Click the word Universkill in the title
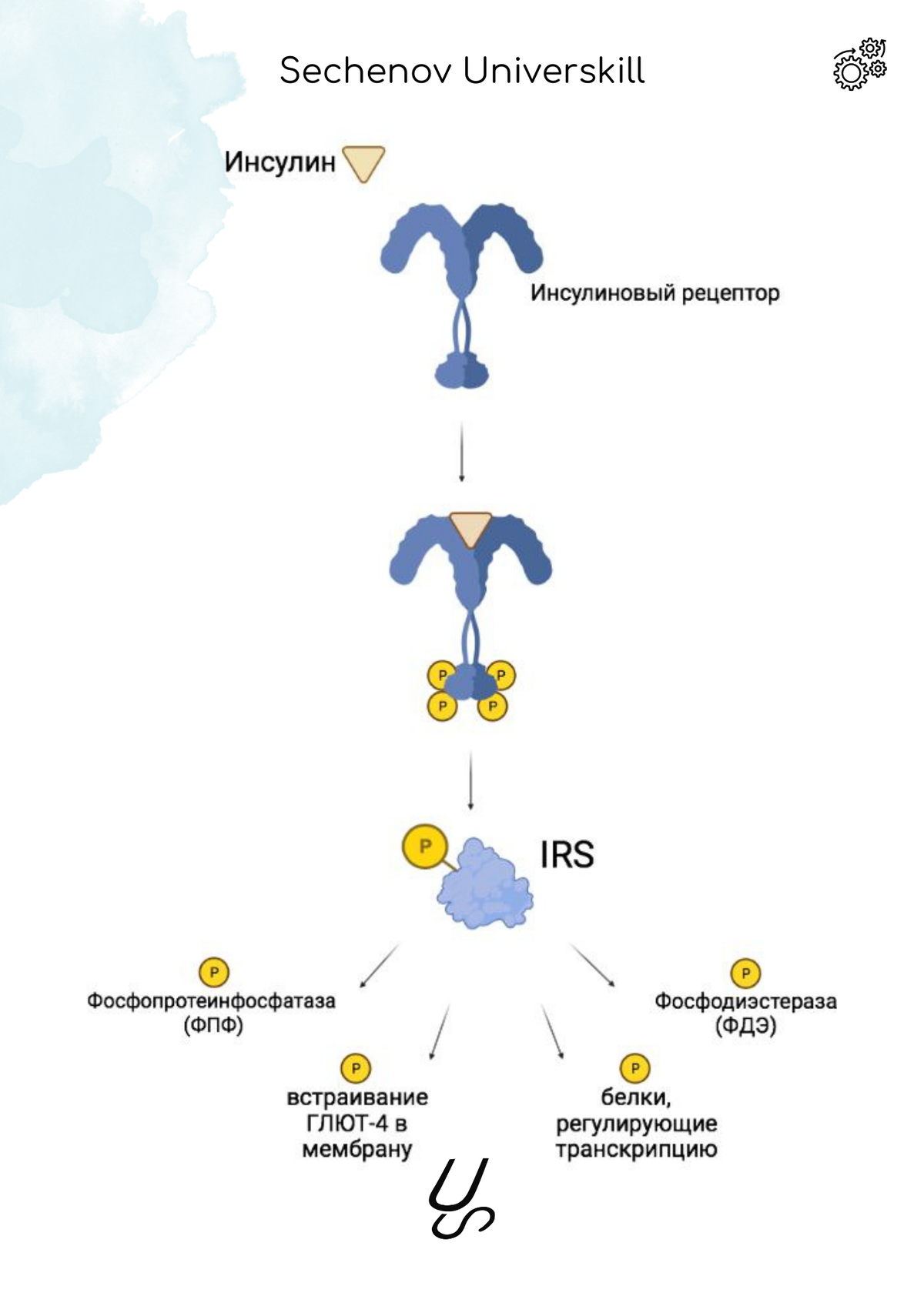554,72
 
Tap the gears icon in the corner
859,65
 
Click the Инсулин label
280,162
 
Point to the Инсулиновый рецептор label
654,293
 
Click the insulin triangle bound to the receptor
470,528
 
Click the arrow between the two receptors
461,452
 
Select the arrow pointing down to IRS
470,780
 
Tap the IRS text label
567,855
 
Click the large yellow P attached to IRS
424,846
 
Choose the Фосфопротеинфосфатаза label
211,1001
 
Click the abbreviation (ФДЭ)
745,1026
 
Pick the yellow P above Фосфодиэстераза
745,974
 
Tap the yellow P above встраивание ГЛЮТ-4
356,1068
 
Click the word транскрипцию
636,1150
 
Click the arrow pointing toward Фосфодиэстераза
592,965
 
